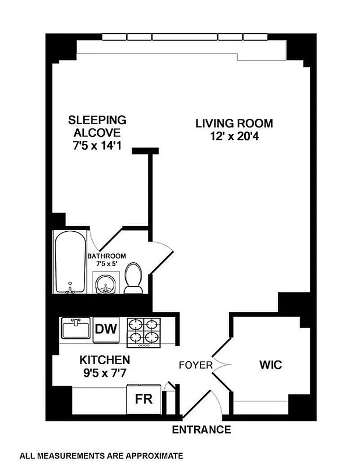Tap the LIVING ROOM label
[x=234, y=123]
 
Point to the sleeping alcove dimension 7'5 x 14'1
[x=97, y=147]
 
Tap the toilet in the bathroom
[x=134, y=277]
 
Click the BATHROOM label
[x=107, y=256]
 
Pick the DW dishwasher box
[x=107, y=329]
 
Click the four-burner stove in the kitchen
[x=143, y=333]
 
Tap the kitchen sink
[x=76, y=329]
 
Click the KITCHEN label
[x=105, y=360]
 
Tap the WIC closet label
[x=270, y=365]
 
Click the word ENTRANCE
[x=202, y=430]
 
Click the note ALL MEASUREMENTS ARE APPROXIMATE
[x=102, y=456]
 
